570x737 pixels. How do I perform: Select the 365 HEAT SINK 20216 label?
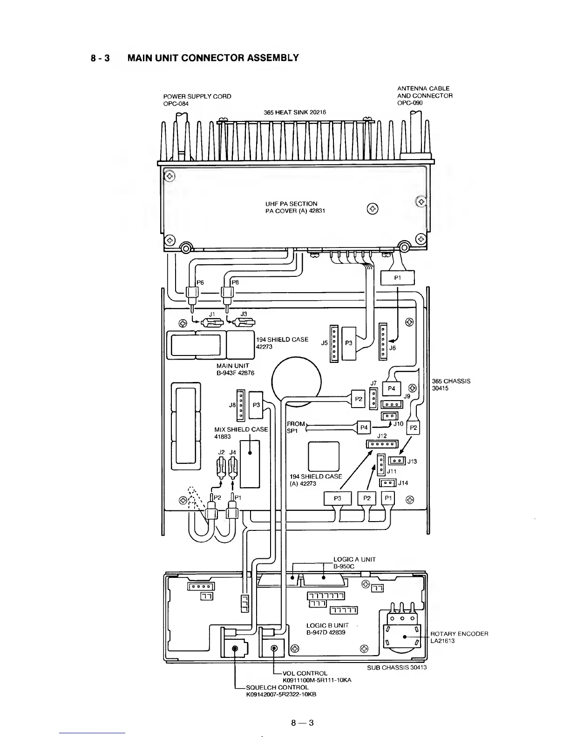click(295, 112)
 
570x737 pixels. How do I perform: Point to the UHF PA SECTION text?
click(291, 204)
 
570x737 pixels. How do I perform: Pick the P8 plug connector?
click(227, 294)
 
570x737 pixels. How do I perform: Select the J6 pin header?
click(383, 341)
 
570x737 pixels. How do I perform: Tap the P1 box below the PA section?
click(397, 278)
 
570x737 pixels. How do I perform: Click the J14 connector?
click(388, 483)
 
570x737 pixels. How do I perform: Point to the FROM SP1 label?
click(295, 427)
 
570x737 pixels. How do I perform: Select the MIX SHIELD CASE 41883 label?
click(241, 433)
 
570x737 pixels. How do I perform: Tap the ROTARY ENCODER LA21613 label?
click(459, 637)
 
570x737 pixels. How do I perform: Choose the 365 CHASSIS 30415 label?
click(451, 384)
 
